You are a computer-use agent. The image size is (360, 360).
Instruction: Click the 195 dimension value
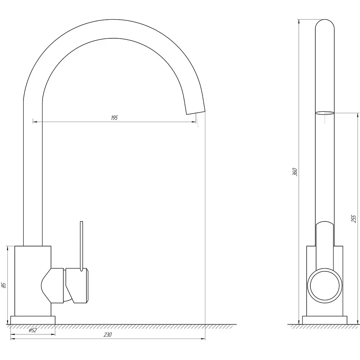tap(114, 118)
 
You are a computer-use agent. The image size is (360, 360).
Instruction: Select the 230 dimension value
tap(108, 335)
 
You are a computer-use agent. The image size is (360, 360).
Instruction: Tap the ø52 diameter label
tap(33, 330)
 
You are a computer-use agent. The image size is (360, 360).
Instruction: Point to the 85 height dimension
tap(4, 285)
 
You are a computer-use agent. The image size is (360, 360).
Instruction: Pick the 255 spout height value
tap(354, 219)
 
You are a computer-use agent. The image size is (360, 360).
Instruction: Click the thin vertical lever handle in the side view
tap(81, 246)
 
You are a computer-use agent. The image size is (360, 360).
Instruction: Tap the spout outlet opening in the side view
tap(195, 112)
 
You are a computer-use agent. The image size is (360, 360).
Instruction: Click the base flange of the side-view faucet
tap(33, 320)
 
